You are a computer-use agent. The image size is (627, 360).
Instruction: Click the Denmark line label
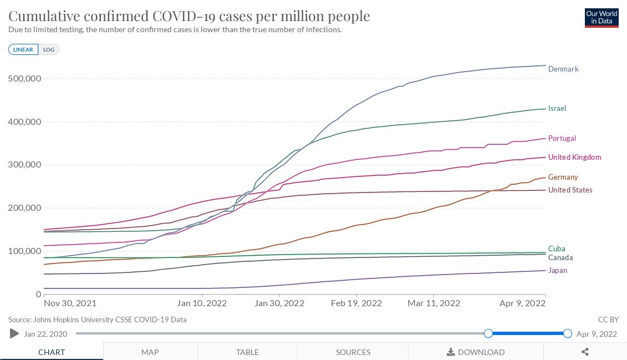(563, 69)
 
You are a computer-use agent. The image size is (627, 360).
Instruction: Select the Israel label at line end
(557, 109)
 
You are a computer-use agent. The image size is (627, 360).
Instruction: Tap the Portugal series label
(562, 139)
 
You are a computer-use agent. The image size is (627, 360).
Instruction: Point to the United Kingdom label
(574, 158)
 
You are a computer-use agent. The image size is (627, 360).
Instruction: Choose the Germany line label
(563, 178)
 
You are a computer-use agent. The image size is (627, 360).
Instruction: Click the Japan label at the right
(557, 271)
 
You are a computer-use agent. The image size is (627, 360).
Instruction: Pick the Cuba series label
(557, 249)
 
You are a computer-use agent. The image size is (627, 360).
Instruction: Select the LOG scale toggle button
(49, 50)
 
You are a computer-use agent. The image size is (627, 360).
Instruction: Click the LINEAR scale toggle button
(23, 50)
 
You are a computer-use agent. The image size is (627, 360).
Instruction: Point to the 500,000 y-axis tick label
(25, 79)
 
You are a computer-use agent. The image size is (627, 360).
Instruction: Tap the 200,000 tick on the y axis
(25, 208)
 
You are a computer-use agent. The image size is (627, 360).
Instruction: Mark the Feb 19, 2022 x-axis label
(357, 303)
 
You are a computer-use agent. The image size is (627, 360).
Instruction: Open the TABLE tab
(247, 352)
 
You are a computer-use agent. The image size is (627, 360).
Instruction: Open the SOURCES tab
(353, 352)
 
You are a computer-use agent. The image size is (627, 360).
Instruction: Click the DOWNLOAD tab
(476, 352)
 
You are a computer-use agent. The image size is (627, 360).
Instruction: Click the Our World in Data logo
(601, 18)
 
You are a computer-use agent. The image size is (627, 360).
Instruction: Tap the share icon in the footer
(585, 352)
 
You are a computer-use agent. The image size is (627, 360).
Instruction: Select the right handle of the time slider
(567, 333)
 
